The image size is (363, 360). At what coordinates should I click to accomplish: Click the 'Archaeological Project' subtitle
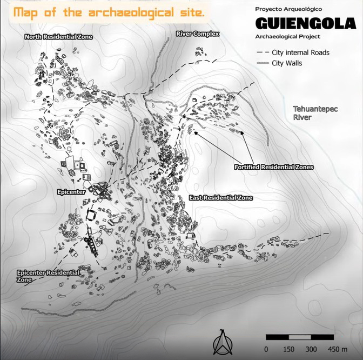288,37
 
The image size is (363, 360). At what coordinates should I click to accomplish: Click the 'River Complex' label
197,34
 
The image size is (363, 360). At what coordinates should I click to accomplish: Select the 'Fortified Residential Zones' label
274,168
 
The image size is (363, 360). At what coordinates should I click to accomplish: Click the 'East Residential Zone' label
221,198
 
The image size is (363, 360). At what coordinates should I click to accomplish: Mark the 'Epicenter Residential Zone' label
48,276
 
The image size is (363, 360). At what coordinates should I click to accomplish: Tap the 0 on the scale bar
266,349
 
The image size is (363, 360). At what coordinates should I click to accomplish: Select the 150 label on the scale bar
288,349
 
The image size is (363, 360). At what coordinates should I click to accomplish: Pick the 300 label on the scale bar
311,349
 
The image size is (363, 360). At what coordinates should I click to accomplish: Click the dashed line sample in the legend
263,52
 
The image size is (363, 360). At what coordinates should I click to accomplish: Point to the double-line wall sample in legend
263,63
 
